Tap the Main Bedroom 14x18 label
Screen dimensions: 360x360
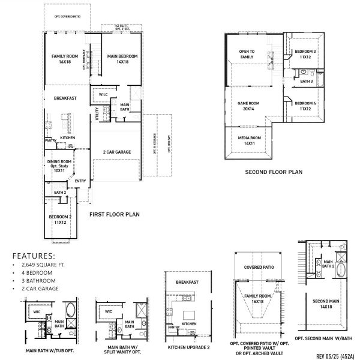click(x=122, y=59)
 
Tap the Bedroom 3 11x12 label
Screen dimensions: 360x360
click(x=305, y=55)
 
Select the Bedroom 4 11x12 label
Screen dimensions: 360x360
click(x=305, y=106)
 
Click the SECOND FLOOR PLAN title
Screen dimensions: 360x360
click(x=274, y=172)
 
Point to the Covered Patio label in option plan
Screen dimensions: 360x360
click(x=259, y=267)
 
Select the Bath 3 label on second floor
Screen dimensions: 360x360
click(x=307, y=81)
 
